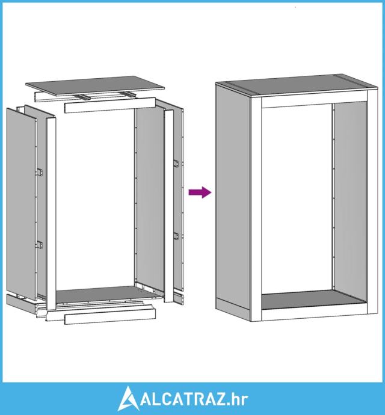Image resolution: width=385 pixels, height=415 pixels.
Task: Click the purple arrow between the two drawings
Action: pos(200,192)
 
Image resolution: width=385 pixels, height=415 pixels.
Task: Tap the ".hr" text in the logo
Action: pos(238,399)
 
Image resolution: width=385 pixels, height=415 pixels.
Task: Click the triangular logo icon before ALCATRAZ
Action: pos(129,399)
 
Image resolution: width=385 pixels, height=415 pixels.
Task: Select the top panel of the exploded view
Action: pos(95,85)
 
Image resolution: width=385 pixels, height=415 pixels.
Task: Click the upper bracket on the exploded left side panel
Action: pos(40,172)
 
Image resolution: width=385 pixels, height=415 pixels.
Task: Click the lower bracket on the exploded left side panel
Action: pos(40,245)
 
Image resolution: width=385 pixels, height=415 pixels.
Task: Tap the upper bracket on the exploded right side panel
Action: pos(176,164)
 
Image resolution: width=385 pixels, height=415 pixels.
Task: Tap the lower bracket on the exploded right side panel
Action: pos(176,236)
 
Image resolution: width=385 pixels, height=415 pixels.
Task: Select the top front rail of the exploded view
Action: pos(109,106)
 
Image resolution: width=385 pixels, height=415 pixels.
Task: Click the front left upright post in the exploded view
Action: pos(51,214)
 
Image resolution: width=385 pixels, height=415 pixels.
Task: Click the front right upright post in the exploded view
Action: pos(168,206)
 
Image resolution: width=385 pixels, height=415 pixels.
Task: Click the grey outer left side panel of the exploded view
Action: pos(21,204)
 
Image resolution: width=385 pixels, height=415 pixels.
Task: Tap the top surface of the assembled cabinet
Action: pos(296,84)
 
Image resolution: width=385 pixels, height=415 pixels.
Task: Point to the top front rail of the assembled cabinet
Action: pos(314,99)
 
